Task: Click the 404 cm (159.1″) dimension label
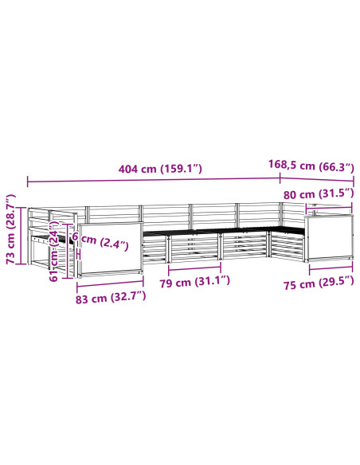click(x=160, y=169)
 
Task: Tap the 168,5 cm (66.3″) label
click(x=311, y=166)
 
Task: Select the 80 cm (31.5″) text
click(x=319, y=194)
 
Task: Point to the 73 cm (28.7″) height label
click(x=10, y=229)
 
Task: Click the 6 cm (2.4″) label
click(x=100, y=241)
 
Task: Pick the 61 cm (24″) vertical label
click(x=54, y=251)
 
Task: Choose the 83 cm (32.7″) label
click(x=111, y=298)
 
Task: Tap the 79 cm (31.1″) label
click(x=194, y=282)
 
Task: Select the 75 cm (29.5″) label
click(x=319, y=283)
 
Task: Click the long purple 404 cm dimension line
click(x=154, y=180)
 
